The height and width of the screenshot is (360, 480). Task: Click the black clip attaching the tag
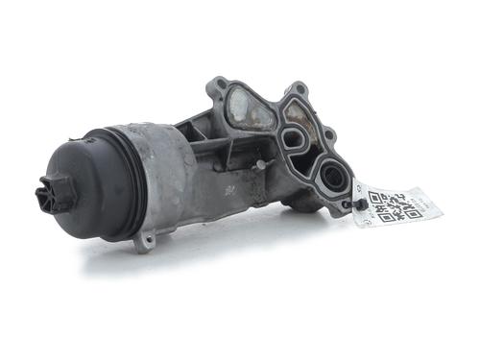(360, 203)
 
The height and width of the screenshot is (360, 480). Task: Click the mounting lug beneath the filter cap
(144, 240)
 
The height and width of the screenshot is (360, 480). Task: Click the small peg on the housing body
(259, 164)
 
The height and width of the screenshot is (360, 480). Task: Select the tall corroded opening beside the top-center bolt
(300, 115)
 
